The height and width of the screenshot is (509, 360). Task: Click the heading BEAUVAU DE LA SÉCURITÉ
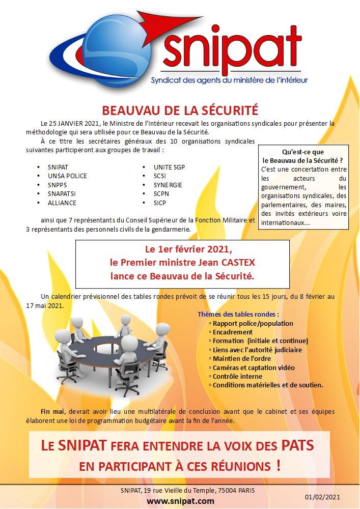click(180, 110)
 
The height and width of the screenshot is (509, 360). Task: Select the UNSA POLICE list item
click(67, 176)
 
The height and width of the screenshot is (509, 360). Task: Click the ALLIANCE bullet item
click(62, 203)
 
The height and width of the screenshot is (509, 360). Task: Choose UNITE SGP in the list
click(169, 167)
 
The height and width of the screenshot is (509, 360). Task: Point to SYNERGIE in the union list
click(168, 185)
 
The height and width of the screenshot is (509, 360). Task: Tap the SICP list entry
click(160, 203)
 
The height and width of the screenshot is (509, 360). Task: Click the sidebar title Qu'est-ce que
click(303, 152)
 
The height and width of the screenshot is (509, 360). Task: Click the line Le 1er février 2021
click(182, 249)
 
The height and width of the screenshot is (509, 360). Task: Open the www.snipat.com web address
click(180, 500)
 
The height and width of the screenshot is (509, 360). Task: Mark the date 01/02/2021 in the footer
click(323, 496)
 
